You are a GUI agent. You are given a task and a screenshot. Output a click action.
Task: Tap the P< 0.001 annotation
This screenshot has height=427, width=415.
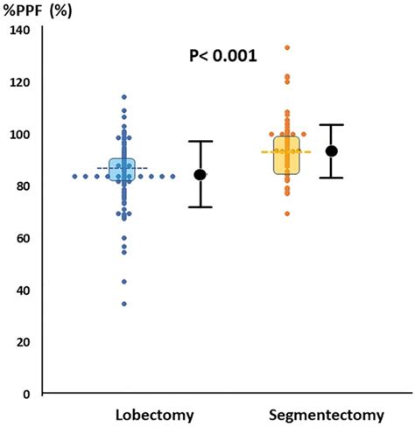point(222,56)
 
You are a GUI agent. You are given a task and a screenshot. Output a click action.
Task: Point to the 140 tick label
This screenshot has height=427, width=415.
point(19,31)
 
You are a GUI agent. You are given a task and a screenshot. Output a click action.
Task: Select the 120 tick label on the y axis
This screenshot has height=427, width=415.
point(19,82)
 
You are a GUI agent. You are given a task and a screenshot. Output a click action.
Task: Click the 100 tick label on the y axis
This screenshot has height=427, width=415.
point(19,134)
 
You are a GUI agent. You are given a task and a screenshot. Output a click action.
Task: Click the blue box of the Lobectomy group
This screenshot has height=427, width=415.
point(123,170)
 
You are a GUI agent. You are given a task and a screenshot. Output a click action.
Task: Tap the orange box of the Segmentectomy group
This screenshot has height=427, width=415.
point(286,155)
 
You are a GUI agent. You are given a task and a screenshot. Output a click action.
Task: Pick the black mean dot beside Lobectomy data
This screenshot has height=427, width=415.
point(200,174)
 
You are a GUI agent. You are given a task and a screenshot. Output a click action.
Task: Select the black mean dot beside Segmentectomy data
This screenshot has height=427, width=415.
point(331,150)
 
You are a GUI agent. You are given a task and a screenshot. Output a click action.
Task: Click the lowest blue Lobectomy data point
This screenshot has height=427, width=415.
point(123,304)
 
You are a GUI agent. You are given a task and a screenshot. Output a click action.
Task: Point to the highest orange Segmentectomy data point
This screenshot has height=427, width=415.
point(286,47)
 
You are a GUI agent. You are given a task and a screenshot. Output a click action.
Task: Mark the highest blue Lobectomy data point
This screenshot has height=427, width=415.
point(123,97)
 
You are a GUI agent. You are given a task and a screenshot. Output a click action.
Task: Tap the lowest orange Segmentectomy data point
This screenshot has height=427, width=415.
point(286,213)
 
